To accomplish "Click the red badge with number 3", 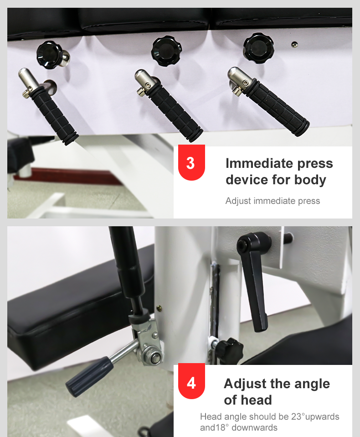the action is (191, 162).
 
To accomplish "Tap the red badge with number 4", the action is (191, 381).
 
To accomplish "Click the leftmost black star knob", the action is (50, 55).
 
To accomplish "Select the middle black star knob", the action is (166, 51).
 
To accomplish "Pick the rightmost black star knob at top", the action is (258, 48).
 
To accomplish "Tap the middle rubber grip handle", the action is (174, 114).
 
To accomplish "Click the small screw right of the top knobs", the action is (294, 44).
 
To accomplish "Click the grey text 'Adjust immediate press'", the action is (273, 201).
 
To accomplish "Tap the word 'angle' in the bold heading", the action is (312, 384).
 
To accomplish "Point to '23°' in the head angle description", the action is (298, 416).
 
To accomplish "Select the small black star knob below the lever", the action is (227, 350).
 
